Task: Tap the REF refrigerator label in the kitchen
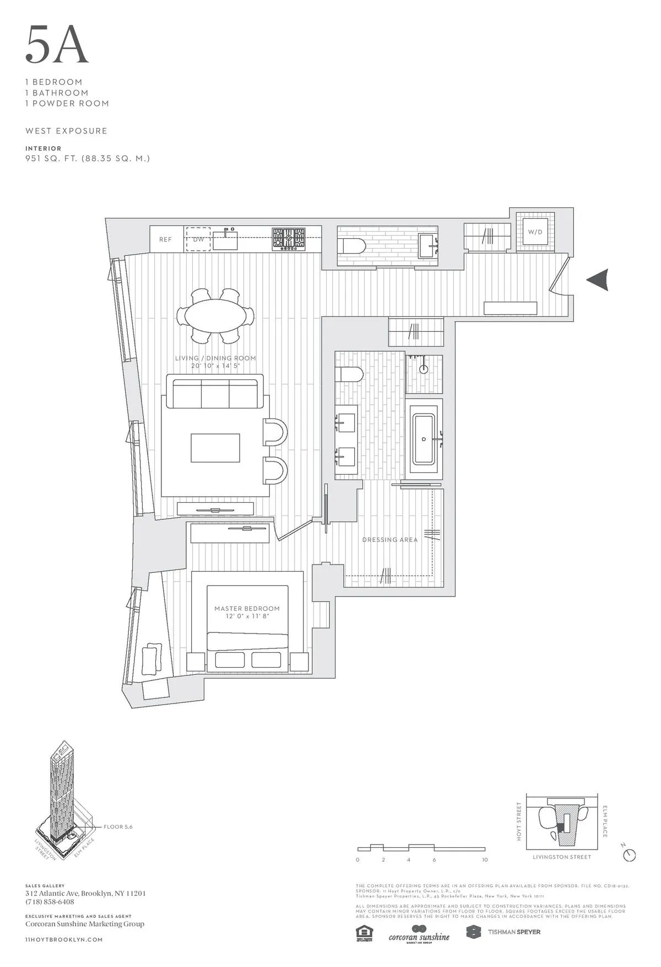165,240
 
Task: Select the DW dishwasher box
198,239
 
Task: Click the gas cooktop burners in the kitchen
289,239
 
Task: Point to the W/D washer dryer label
535,232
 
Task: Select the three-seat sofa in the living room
215,391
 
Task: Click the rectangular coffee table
215,448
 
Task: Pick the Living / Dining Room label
215,358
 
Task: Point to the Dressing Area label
389,540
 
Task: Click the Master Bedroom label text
247,609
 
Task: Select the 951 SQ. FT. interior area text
88,159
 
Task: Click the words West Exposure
66,131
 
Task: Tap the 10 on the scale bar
485,860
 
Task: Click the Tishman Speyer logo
503,932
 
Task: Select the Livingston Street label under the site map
562,857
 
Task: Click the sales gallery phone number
50,902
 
